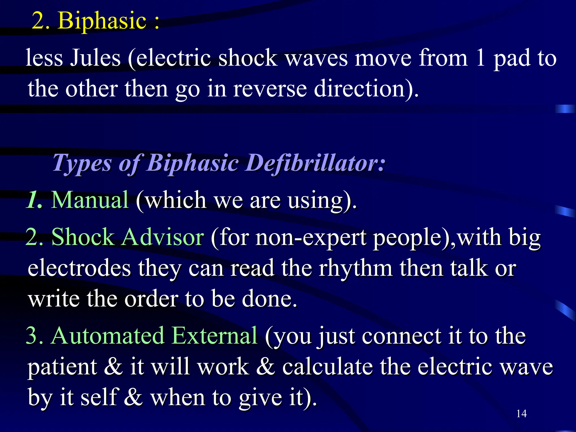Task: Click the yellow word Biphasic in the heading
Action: [102, 21]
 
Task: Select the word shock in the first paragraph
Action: [247, 58]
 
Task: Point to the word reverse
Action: [270, 89]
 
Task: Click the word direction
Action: [366, 89]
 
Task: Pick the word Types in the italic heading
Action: [82, 163]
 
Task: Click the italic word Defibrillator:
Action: [315, 163]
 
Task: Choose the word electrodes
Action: [79, 268]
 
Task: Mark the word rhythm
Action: [355, 268]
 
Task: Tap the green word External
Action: [214, 336]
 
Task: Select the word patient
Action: [62, 367]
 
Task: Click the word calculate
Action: [328, 367]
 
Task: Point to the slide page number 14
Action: [521, 414]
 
